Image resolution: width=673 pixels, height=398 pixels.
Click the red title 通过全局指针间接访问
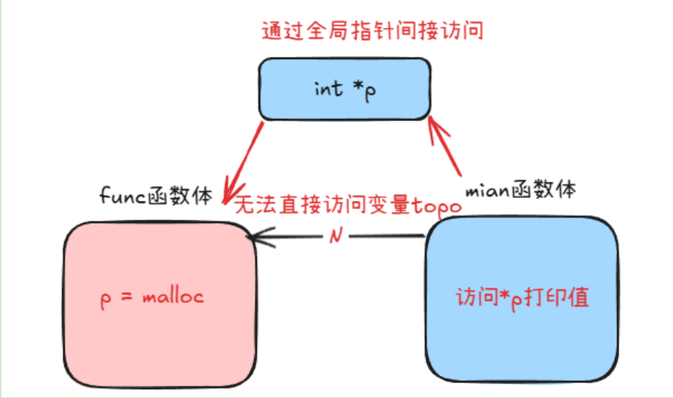coord(373,31)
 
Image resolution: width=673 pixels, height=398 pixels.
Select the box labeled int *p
coord(344,88)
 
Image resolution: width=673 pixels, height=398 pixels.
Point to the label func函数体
coord(156,196)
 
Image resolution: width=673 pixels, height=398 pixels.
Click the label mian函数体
coord(520,189)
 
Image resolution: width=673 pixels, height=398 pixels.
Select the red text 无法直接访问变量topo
coord(348,205)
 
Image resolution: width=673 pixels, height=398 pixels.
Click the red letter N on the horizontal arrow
coord(336,236)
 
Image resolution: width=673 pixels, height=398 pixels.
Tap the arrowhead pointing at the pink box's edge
coord(254,237)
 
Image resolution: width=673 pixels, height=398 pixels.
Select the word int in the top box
coord(328,88)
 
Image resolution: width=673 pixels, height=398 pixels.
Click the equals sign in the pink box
coord(127,298)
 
